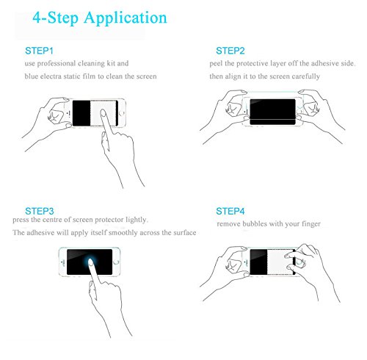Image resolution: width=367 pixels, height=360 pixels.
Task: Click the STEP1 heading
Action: click(x=39, y=51)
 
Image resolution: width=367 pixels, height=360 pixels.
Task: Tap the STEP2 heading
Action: click(x=230, y=51)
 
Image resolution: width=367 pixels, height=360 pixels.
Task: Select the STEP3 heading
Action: click(x=40, y=211)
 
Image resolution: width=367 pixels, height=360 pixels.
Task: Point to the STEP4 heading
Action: click(x=230, y=211)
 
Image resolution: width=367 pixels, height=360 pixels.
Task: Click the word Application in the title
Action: click(x=126, y=18)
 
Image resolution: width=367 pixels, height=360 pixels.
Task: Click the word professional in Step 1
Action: click(x=57, y=63)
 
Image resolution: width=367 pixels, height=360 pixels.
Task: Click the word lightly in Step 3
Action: click(x=137, y=220)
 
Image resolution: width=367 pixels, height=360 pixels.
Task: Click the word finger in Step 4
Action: click(x=311, y=224)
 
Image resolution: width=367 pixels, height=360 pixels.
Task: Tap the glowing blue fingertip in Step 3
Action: click(x=90, y=262)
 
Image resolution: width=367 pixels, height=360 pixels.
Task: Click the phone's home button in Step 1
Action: click(x=122, y=113)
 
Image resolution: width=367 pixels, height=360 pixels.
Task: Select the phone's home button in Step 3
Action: click(x=116, y=262)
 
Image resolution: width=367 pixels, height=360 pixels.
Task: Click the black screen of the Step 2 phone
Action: click(x=272, y=112)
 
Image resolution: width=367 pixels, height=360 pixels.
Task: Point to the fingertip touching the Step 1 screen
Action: click(x=103, y=113)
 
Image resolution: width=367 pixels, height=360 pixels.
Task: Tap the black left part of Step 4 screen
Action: click(x=258, y=262)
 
